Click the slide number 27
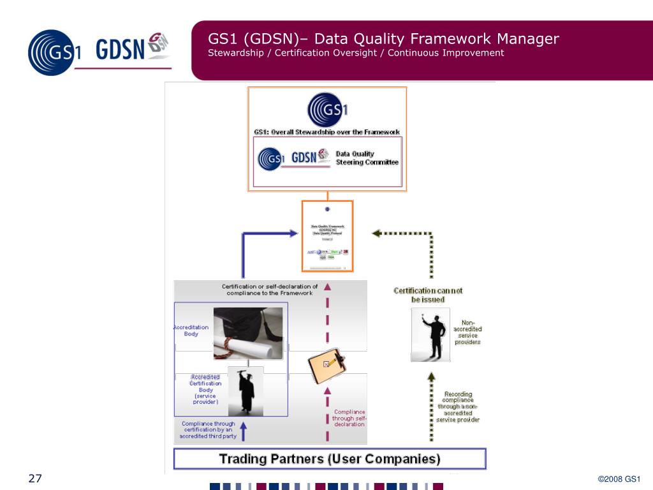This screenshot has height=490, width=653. point(34,479)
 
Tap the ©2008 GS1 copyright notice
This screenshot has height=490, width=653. point(619,480)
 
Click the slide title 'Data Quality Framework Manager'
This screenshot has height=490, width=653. point(383,39)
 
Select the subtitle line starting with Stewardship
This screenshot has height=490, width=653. point(356,53)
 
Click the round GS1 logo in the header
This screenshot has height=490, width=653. point(54,50)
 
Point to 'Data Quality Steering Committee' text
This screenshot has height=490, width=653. point(367,158)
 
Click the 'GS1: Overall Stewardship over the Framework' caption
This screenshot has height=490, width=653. point(326,132)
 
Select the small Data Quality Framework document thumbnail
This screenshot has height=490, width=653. point(327,237)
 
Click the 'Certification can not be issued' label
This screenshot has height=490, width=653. point(428,295)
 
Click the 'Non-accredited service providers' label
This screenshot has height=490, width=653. point(467,332)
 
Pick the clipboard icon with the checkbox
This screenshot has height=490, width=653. point(326,364)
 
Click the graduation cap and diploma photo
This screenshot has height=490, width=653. point(248,333)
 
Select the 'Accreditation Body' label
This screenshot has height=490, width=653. point(191,330)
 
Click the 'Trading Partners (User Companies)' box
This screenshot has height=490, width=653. point(330,459)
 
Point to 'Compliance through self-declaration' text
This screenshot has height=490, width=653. point(349,418)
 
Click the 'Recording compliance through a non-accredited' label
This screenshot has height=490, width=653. point(458,406)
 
